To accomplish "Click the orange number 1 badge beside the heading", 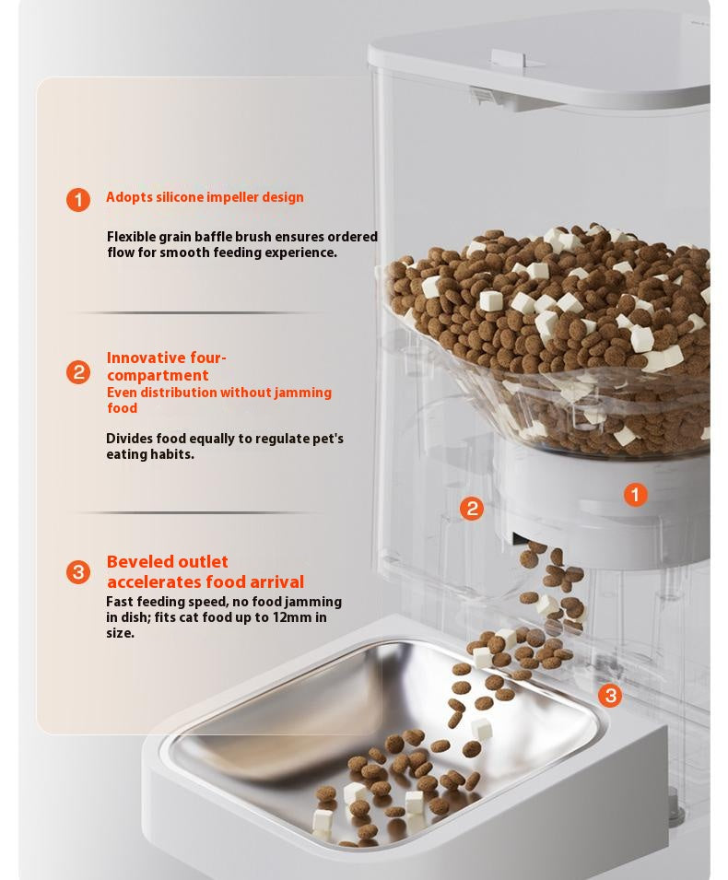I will tap(78, 200).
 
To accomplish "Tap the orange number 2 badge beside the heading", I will tap(78, 372).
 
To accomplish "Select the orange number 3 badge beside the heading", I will tap(78, 572).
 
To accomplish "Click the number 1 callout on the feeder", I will tap(636, 495).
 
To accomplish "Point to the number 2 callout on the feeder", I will tap(472, 509).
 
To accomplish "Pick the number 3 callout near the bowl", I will tap(610, 696).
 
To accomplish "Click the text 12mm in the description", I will tap(293, 617).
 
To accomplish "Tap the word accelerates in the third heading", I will tap(153, 582).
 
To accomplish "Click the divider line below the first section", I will tap(199, 313).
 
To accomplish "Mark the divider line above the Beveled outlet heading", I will tap(199, 512).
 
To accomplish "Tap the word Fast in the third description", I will tap(121, 602).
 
